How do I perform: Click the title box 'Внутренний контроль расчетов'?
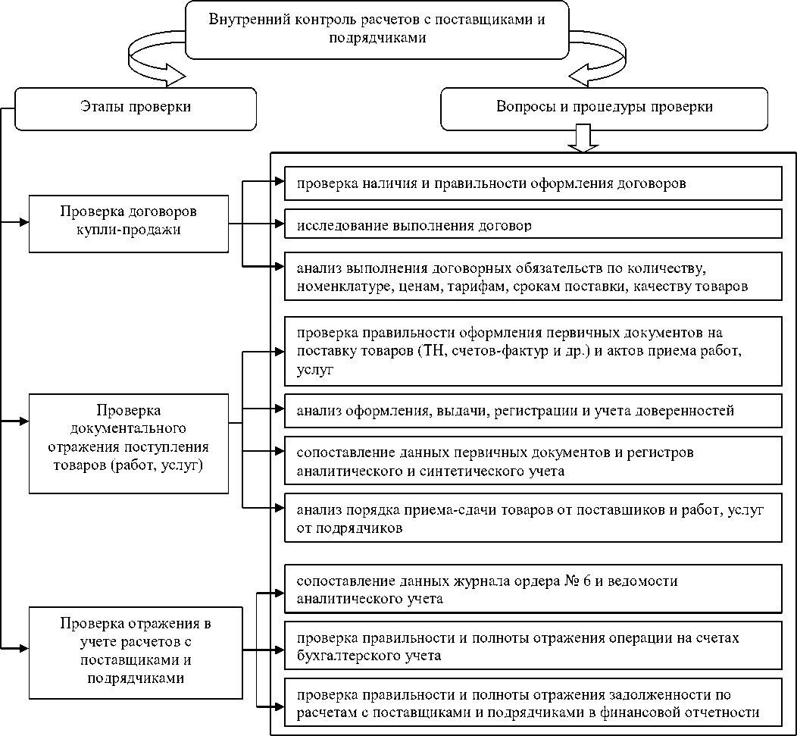click(x=377, y=30)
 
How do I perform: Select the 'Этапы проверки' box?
click(x=136, y=107)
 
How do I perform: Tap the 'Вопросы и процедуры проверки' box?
click(x=604, y=107)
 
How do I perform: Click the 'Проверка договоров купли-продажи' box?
click(x=128, y=224)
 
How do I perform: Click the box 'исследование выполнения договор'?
click(x=533, y=225)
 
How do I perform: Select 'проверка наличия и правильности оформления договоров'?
click(x=533, y=183)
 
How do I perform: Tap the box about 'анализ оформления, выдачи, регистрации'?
click(x=533, y=411)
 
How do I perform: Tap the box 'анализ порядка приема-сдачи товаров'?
click(x=533, y=518)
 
